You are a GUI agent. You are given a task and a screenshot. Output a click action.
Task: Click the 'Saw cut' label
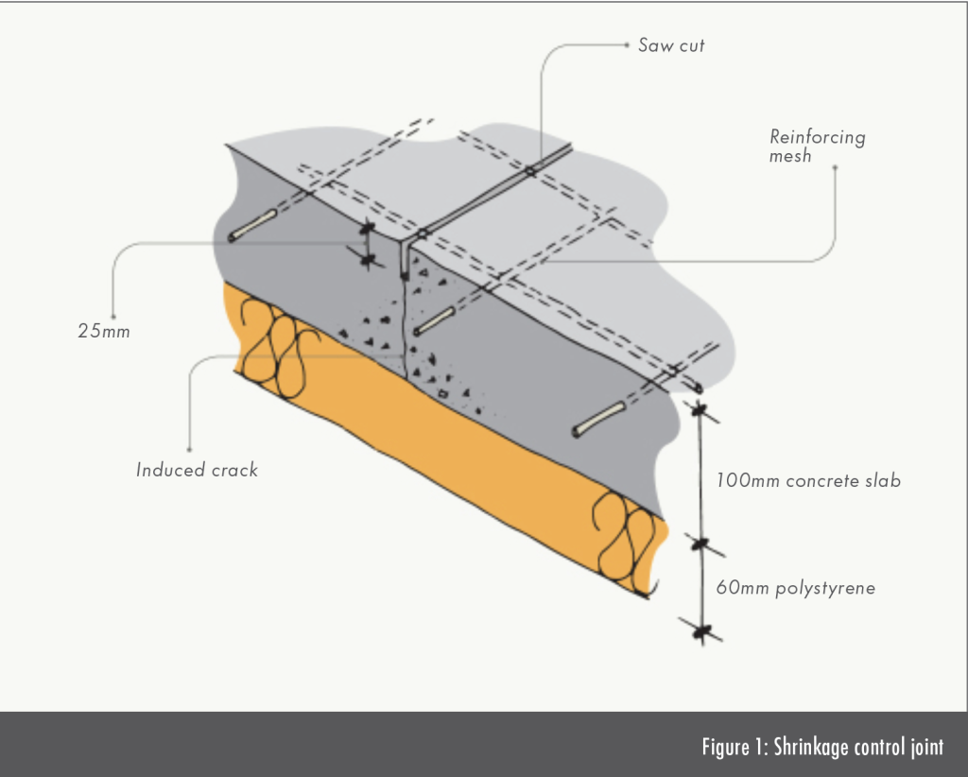tap(670, 44)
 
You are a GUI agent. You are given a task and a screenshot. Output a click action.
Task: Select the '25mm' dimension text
tap(104, 332)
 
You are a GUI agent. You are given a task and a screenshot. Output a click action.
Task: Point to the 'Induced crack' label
tap(197, 470)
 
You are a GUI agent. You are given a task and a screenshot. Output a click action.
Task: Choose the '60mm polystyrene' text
tap(795, 588)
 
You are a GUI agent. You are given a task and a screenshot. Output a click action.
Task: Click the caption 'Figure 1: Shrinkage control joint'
tap(821, 747)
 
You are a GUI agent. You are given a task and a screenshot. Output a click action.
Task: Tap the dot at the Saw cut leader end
tap(628, 43)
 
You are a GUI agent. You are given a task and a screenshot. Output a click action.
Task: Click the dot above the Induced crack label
tap(191, 449)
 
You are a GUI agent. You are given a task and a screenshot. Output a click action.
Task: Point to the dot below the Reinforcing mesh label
tap(836, 168)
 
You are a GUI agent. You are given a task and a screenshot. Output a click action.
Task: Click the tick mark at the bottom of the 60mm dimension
tap(700, 629)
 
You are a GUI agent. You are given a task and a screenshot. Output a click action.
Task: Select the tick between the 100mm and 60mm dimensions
tap(700, 544)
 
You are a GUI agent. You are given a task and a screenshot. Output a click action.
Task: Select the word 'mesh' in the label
tap(790, 156)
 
